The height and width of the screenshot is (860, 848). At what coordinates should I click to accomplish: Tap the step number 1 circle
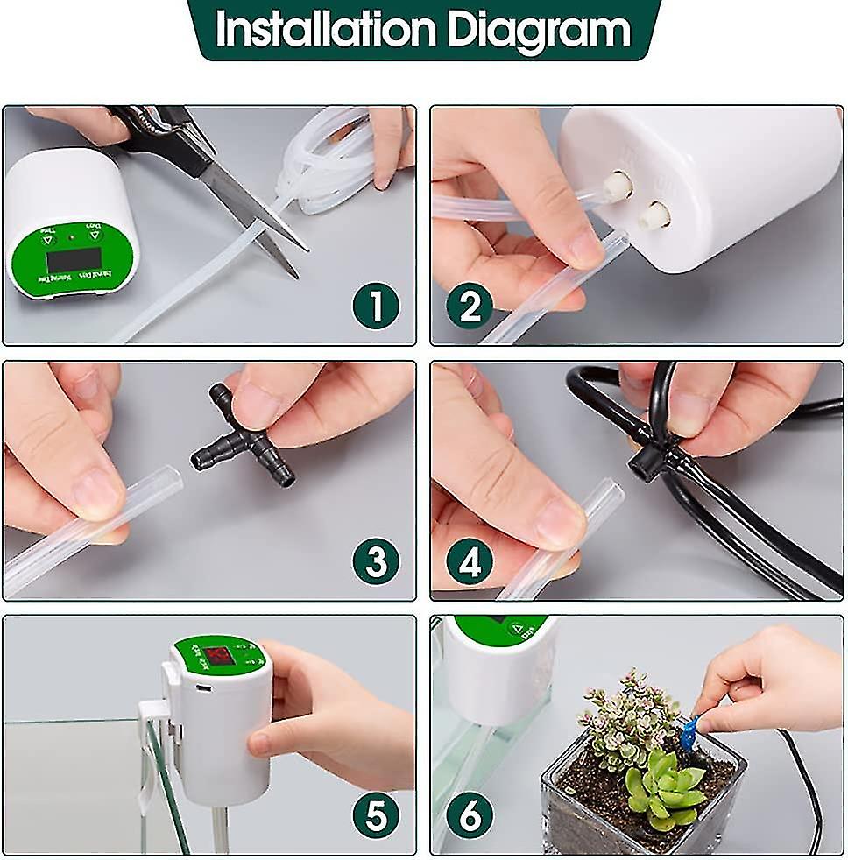click(x=376, y=307)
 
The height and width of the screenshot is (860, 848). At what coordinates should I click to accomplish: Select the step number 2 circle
click(x=470, y=307)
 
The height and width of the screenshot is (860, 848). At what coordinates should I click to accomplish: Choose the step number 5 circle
click(x=376, y=816)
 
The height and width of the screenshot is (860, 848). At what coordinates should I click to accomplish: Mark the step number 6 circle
click(x=470, y=816)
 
